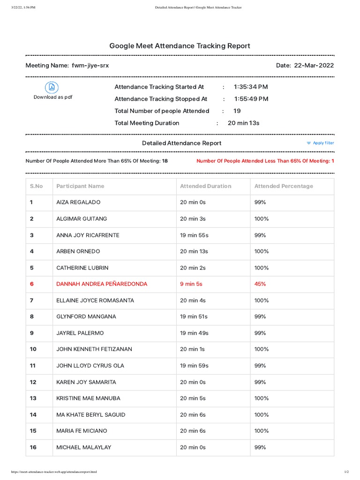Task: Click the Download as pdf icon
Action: (52, 87)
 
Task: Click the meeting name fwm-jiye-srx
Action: (90, 66)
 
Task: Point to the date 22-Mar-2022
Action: (314, 66)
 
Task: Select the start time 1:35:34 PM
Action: (251, 87)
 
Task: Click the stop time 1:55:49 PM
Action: (251, 99)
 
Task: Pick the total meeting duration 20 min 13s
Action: (243, 123)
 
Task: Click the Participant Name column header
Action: (80, 186)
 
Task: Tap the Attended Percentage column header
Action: (283, 186)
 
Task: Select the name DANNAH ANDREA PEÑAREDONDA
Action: (102, 284)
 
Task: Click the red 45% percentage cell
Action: (260, 284)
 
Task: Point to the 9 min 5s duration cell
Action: (191, 284)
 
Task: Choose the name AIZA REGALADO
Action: (78, 202)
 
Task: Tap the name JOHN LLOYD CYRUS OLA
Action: (90, 366)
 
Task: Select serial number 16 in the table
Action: (33, 448)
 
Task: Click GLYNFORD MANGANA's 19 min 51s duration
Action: (194, 317)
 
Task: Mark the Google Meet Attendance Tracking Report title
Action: (180, 46)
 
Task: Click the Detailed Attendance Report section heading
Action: (181, 143)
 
